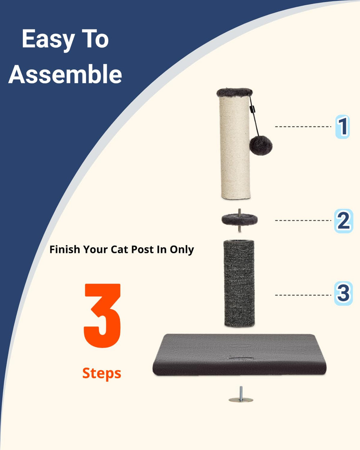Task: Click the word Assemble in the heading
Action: click(x=65, y=74)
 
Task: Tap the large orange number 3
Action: click(x=102, y=316)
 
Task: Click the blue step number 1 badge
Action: click(x=342, y=127)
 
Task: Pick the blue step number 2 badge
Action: click(x=343, y=221)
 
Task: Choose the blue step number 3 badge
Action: click(x=343, y=293)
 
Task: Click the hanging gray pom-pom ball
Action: click(x=261, y=145)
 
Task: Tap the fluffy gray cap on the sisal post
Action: click(x=234, y=92)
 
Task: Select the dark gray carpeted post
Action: click(x=239, y=284)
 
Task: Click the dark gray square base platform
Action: click(x=239, y=354)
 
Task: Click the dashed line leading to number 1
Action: click(x=303, y=127)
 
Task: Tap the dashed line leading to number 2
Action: click(x=303, y=220)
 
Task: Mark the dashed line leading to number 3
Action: click(x=303, y=295)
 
